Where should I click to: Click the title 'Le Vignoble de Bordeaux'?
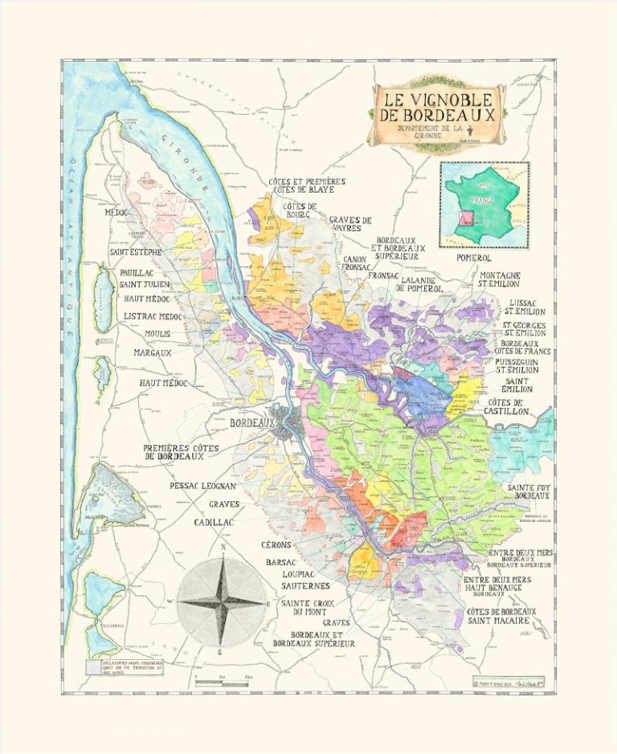click(438, 110)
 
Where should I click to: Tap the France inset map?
click(483, 203)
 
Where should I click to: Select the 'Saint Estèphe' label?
click(136, 252)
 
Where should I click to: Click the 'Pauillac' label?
click(137, 273)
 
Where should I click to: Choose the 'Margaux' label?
click(153, 353)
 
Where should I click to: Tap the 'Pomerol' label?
click(473, 258)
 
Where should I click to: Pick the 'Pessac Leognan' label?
click(202, 487)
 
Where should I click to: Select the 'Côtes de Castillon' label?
click(505, 406)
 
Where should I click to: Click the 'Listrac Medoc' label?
click(153, 317)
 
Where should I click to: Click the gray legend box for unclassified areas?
click(92, 666)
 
